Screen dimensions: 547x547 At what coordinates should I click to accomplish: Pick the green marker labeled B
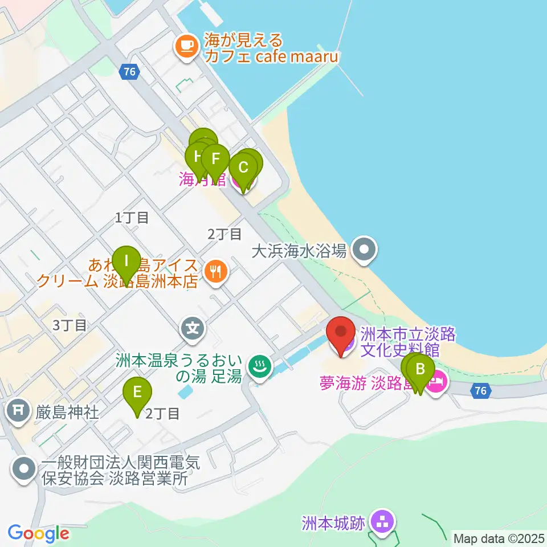coord(421,370)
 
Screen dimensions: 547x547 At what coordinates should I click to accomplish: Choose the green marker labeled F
coord(215,161)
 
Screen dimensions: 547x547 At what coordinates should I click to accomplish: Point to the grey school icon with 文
coord(193,328)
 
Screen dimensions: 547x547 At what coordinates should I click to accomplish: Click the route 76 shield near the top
coord(129,71)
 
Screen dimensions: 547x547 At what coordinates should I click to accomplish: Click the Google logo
coord(38,533)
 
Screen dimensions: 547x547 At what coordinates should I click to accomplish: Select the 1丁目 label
coord(132,217)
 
